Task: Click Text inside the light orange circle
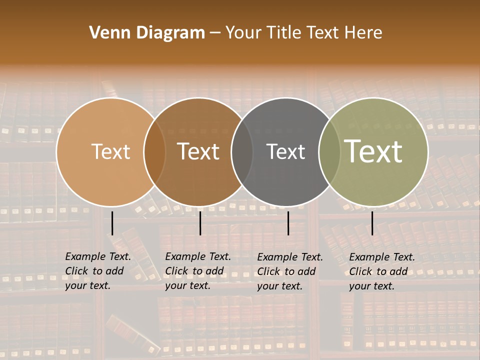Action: (110, 151)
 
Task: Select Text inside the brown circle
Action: (198, 151)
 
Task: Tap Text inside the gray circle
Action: (285, 151)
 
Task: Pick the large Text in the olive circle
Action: (373, 151)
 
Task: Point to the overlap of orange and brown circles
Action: (154, 152)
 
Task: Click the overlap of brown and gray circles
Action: (242, 152)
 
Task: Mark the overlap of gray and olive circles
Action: (329, 152)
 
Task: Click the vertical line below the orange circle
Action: (112, 223)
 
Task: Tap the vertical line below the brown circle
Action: (200, 223)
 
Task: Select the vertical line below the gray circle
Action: (288, 223)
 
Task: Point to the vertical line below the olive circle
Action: (372, 223)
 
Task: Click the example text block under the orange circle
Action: (98, 271)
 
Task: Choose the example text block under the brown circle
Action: (198, 271)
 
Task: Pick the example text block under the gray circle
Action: (290, 271)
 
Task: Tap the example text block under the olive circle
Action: (382, 271)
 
